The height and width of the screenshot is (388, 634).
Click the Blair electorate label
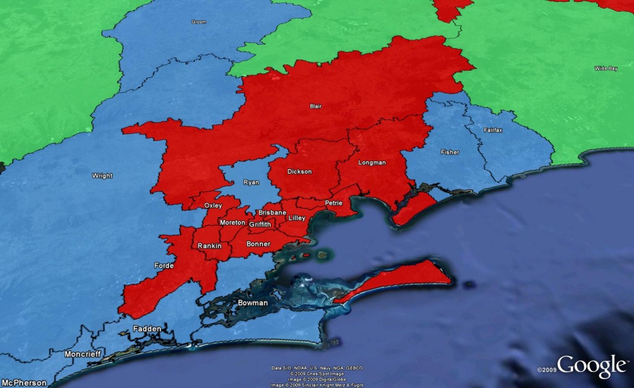tap(316, 106)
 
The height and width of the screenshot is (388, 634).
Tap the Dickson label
tap(300, 171)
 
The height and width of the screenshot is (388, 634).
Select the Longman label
tap(372, 163)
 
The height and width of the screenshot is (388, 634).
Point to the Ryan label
tap(251, 183)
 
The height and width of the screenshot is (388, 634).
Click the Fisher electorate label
tap(450, 152)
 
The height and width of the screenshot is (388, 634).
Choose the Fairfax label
tap(493, 131)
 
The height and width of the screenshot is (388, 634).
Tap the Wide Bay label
tap(606, 68)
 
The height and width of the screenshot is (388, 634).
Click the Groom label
tap(199, 22)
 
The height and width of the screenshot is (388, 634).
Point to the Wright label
tap(102, 176)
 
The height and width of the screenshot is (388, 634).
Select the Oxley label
tap(213, 205)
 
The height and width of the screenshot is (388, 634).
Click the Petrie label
tap(333, 203)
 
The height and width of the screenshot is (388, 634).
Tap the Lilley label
tap(297, 218)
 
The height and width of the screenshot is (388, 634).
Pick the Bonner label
tap(259, 244)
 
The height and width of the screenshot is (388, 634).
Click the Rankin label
tap(209, 246)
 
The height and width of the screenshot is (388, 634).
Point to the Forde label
tap(163, 266)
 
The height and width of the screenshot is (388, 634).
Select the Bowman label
tap(253, 303)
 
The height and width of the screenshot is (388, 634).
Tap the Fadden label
tap(147, 329)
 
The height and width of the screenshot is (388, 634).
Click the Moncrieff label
tap(82, 354)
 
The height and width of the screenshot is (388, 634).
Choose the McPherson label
tap(24, 382)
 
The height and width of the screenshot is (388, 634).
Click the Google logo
tap(591, 366)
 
